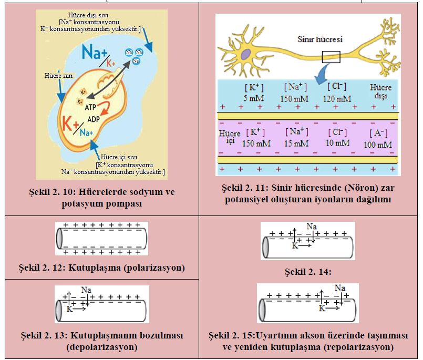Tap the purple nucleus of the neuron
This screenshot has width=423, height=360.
coord(245,54)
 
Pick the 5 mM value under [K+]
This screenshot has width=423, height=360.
coord(254,98)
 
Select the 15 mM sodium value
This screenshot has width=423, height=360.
coord(296,142)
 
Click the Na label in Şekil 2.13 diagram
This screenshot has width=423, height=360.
coord(86,289)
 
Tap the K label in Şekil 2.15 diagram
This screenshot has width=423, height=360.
coord(322,308)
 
